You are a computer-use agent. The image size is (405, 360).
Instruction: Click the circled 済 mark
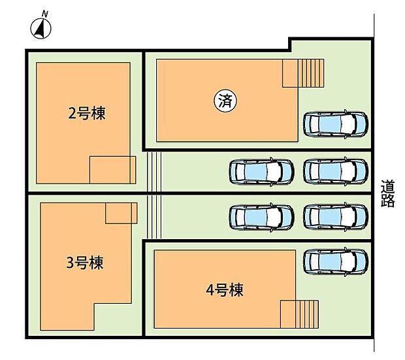tap(225, 101)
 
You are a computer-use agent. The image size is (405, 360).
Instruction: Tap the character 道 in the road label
tap(388, 186)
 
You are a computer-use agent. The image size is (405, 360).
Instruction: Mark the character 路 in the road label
tap(388, 201)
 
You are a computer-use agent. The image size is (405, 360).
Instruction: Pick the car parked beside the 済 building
tap(335, 123)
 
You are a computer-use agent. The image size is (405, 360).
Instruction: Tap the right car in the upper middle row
tap(335, 172)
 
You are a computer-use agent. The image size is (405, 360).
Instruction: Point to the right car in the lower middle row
tap(335, 216)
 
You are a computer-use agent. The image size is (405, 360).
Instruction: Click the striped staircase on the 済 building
tap(303, 73)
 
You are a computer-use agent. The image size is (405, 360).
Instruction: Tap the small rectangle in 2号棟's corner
tap(112, 170)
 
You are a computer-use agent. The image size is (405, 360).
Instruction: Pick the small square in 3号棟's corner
tap(121, 213)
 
